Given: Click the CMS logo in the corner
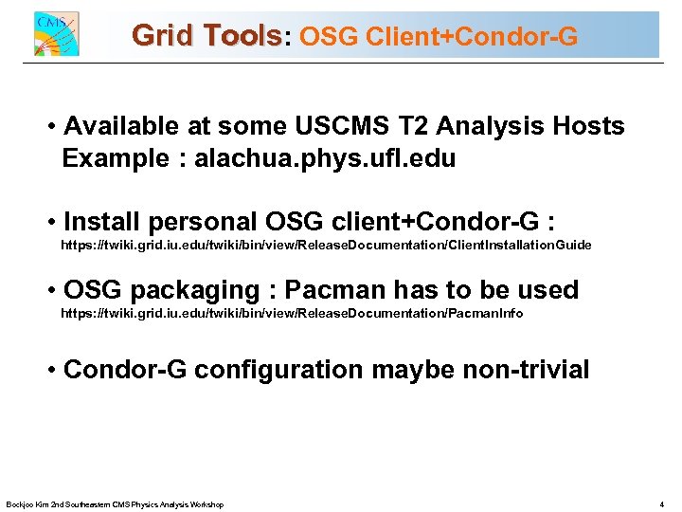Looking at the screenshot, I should tap(56, 34).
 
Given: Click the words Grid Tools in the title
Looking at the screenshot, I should tap(207, 36).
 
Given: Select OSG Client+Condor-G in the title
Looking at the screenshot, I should tap(438, 37).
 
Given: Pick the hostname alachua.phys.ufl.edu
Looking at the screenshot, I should tap(325, 158).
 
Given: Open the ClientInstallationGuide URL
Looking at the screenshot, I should tap(326, 246).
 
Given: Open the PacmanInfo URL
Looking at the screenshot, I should tap(292, 313).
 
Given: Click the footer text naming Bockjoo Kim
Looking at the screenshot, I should tap(115, 504).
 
